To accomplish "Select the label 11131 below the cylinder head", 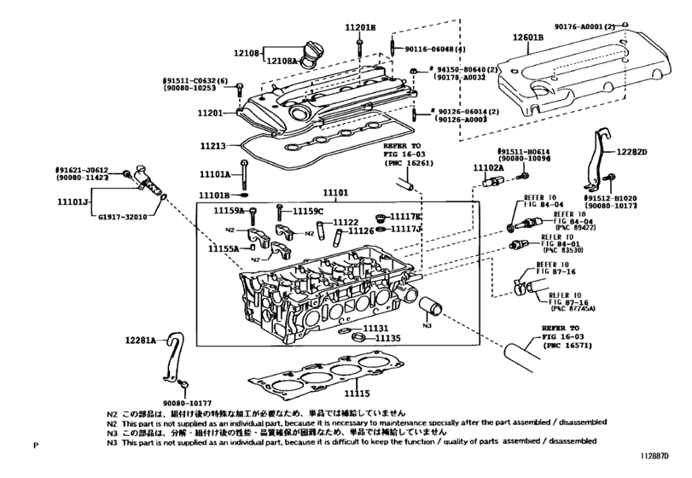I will point(375,328).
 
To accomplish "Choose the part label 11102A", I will point(489,168).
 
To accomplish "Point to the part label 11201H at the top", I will point(360,27).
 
